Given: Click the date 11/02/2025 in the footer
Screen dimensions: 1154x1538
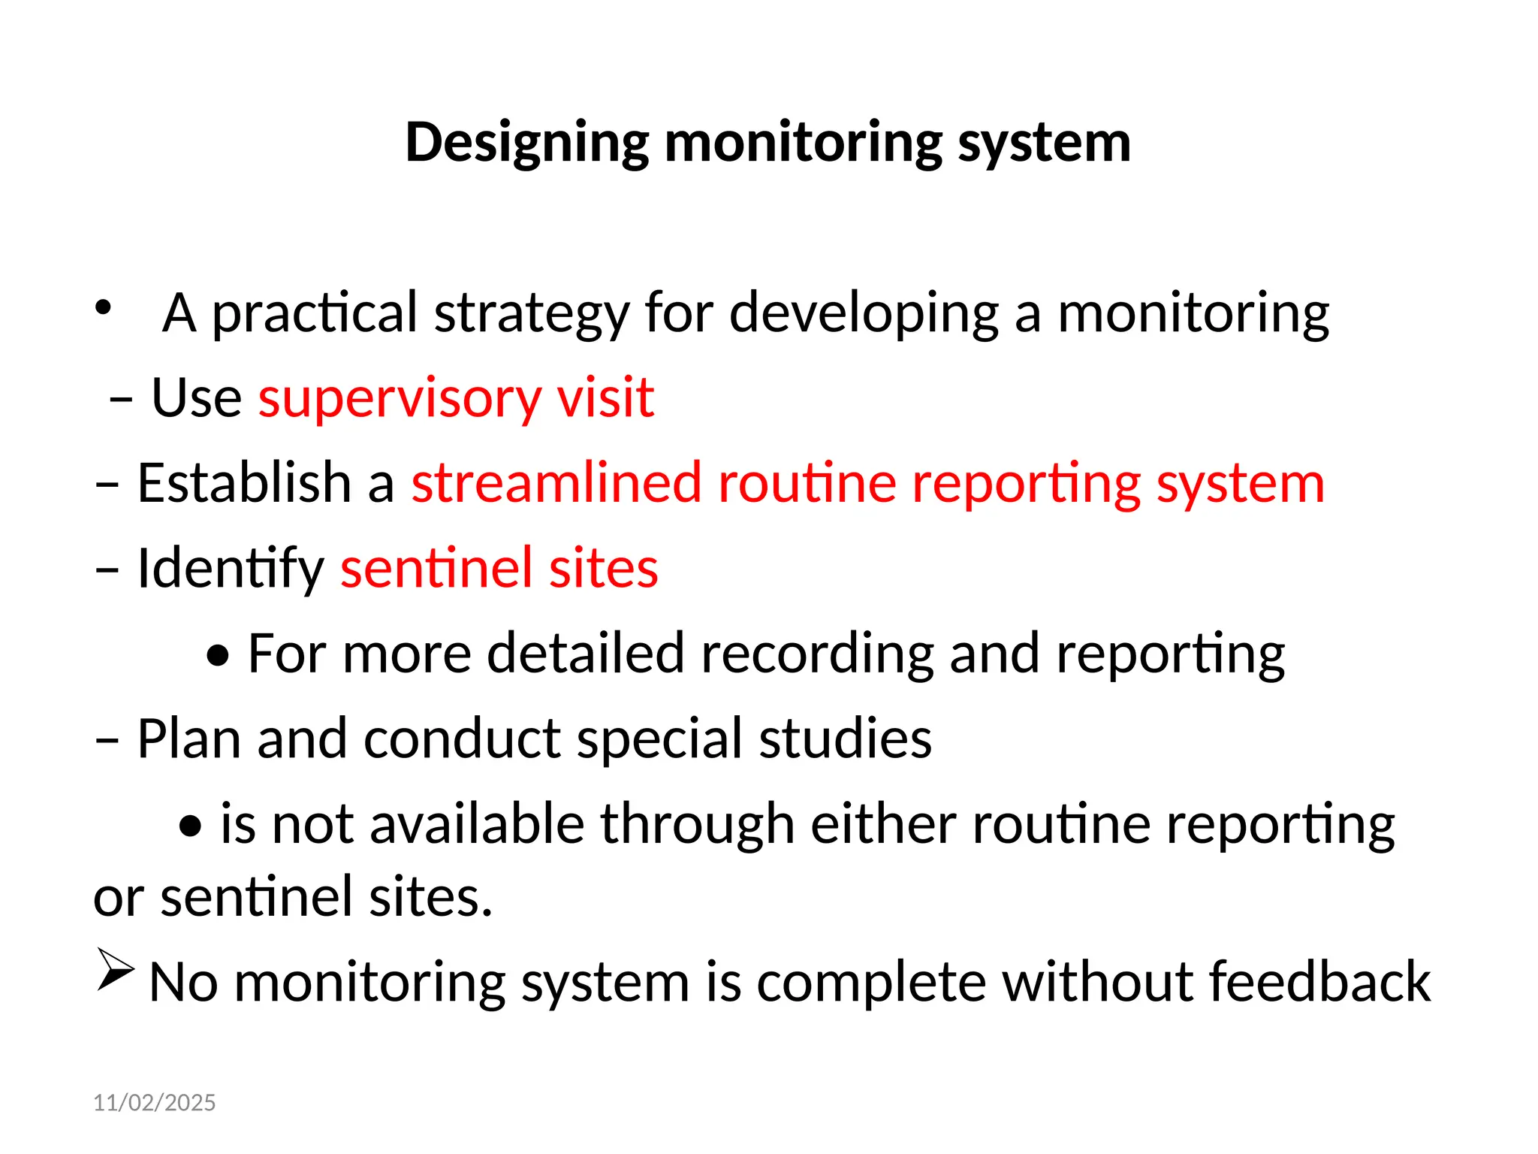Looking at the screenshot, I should point(154,1102).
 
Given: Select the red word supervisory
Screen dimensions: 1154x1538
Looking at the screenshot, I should point(399,397).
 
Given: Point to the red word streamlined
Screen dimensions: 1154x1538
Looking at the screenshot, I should point(556,482).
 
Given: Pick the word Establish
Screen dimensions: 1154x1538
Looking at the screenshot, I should point(245,482).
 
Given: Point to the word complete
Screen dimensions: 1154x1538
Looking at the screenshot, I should point(870,983).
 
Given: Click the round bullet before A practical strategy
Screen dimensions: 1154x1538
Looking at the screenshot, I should point(103,306).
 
